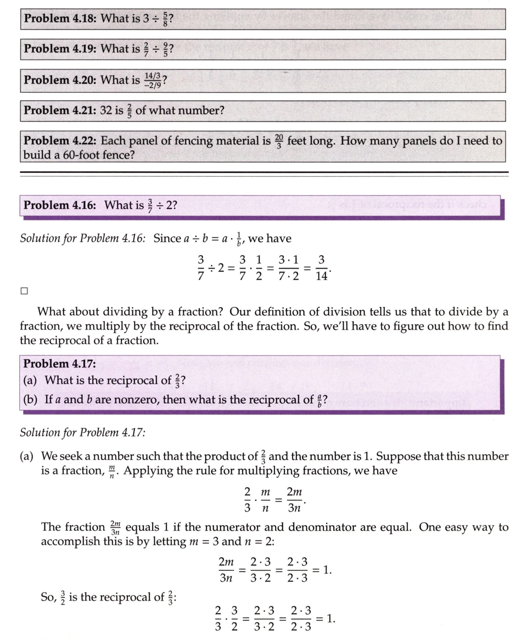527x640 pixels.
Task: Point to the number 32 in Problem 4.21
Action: click(106, 110)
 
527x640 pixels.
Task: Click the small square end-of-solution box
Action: click(24, 291)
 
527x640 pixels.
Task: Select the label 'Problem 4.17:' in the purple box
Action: click(59, 364)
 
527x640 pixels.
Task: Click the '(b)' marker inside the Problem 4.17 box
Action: click(30, 399)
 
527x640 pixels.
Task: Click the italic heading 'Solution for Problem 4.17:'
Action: click(82, 433)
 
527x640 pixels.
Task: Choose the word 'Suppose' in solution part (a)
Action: click(397, 456)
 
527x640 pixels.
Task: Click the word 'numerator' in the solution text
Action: click(239, 528)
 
